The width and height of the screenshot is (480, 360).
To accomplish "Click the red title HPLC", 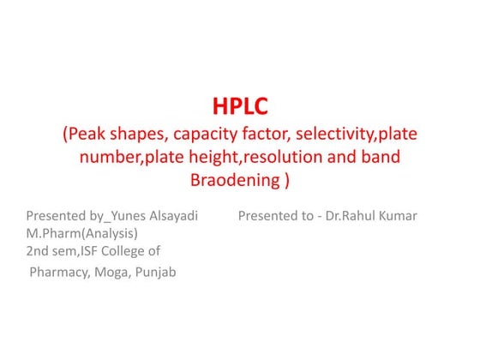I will [239, 107].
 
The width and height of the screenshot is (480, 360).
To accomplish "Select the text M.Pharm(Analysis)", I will [81, 233].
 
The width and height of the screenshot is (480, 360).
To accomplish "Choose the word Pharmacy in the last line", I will [58, 273].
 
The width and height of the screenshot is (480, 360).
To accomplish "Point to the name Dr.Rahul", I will [351, 216].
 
